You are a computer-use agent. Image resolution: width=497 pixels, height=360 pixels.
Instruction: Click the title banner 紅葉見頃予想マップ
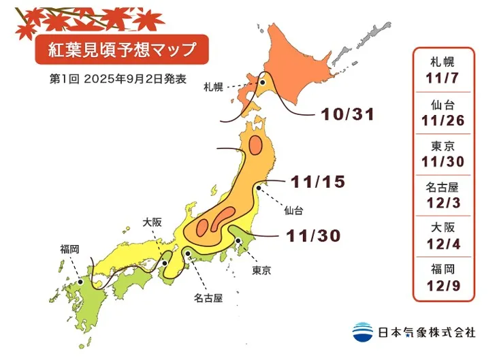point(116,50)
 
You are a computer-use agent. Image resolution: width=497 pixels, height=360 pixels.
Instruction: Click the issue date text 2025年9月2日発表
point(133,78)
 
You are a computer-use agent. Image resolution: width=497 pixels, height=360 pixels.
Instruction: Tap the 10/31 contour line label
point(347,114)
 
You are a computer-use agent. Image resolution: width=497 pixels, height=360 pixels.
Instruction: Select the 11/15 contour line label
point(318,182)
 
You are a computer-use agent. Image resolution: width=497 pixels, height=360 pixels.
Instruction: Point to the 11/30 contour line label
point(312,235)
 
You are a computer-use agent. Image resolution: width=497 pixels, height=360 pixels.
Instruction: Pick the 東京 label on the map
point(261,271)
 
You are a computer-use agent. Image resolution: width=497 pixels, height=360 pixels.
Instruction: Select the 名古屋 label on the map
point(208,297)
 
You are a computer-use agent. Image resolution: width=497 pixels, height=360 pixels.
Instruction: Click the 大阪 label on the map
point(153,221)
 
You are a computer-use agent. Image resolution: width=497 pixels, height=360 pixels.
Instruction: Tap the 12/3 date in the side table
point(443,200)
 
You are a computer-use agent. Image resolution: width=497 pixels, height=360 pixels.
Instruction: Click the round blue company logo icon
point(362,331)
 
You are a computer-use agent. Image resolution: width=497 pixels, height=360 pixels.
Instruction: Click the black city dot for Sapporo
point(261,83)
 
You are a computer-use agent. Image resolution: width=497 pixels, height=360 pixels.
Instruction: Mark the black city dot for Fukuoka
point(80,279)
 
